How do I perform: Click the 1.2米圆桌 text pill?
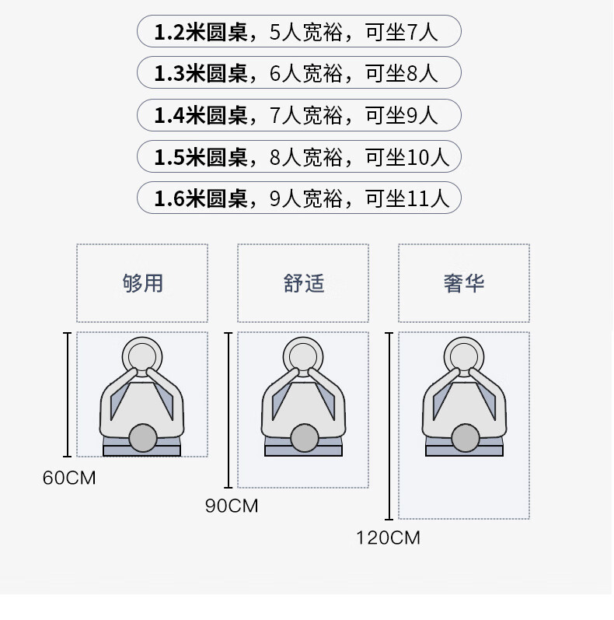299,31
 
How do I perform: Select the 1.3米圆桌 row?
299,72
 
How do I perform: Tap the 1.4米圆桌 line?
299,115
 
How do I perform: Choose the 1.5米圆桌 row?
299,156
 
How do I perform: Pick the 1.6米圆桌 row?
299,198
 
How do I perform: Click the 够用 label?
143,283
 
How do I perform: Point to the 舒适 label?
303,283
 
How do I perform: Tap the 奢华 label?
464,283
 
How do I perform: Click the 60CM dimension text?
69,478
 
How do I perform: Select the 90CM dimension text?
232,506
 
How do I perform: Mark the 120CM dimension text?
388,538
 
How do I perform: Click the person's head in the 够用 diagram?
143,438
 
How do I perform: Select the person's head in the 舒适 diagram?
304,438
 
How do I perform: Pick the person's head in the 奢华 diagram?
466,438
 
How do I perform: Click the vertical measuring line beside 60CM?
68,394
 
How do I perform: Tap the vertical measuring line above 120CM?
389,426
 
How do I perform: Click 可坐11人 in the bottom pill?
407,198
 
